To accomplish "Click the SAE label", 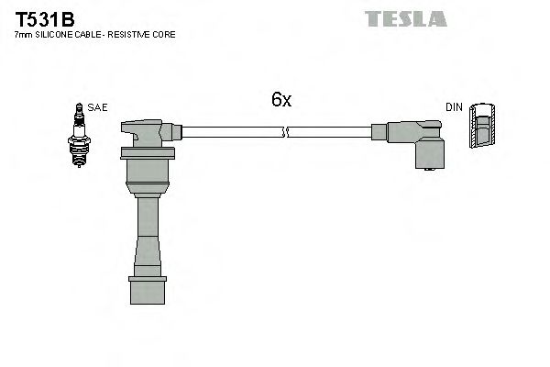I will click(98, 107).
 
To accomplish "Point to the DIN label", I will click(453, 107).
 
